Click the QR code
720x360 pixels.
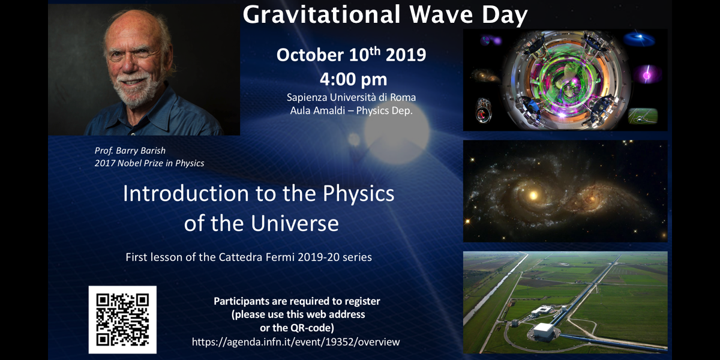(x=122, y=319)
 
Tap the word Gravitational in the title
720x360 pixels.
(x=322, y=15)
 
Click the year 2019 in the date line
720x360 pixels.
(x=406, y=55)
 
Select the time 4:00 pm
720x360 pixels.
(x=353, y=79)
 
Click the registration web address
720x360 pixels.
(x=296, y=341)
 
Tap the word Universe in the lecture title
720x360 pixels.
(x=295, y=223)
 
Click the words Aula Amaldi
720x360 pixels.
(x=317, y=110)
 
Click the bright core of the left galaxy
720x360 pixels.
(x=533, y=195)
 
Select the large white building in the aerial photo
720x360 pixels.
(x=544, y=331)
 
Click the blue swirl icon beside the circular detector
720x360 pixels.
(x=640, y=39)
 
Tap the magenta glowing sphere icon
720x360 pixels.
(x=647, y=75)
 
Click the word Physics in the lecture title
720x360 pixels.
(x=358, y=194)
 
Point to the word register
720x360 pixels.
(x=362, y=302)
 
